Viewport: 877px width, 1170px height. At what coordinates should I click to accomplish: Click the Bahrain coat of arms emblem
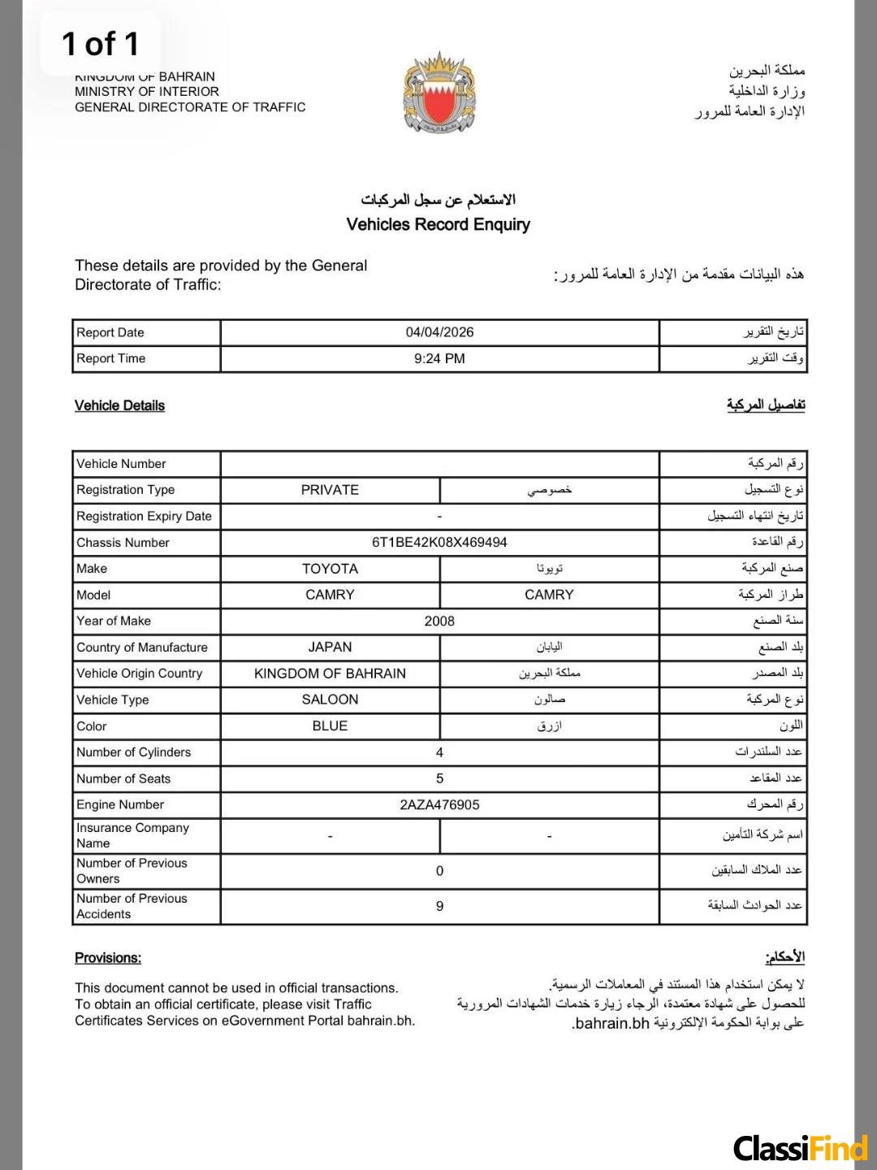[x=439, y=93]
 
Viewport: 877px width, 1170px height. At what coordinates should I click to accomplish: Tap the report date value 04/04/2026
[x=439, y=332]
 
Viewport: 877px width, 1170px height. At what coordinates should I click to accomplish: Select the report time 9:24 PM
[x=439, y=358]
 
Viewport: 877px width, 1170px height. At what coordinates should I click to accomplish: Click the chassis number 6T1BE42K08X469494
[x=439, y=542]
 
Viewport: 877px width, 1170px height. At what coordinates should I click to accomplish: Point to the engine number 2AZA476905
[x=439, y=804]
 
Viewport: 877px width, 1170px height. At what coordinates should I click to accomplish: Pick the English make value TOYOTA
[x=330, y=569]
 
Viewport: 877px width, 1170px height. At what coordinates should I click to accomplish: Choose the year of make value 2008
[x=439, y=621]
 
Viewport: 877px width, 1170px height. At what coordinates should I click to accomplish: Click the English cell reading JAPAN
[x=330, y=647]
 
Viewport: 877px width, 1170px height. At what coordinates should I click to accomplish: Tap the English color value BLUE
[x=330, y=726]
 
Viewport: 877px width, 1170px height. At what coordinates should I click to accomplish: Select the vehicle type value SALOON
[x=330, y=700]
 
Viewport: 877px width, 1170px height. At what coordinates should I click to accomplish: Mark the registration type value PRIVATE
[x=330, y=490]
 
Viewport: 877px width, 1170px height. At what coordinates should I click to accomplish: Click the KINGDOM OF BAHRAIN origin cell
[x=330, y=674]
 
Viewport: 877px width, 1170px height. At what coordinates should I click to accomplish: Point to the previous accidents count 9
[x=439, y=906]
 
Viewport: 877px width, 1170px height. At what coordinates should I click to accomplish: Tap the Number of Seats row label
[x=123, y=778]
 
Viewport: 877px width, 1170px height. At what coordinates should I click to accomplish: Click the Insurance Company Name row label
[x=132, y=835]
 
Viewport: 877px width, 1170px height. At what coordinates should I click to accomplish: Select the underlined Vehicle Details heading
[x=119, y=405]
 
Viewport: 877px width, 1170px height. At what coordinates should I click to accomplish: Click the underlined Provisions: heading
[x=108, y=958]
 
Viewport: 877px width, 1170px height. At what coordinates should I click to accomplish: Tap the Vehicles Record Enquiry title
[x=438, y=224]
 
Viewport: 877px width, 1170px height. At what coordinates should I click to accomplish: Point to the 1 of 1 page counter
[x=101, y=44]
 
